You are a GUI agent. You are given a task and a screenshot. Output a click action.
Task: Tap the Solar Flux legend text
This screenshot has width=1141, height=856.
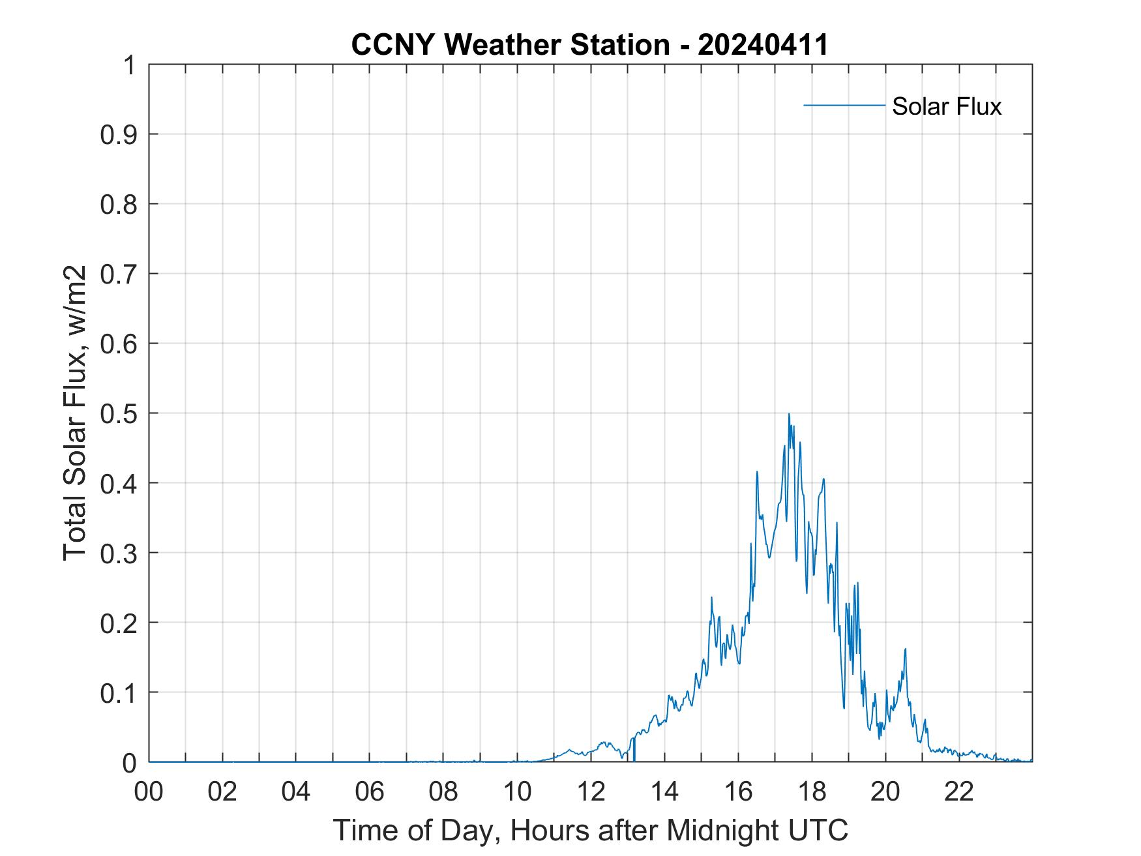[x=946, y=106]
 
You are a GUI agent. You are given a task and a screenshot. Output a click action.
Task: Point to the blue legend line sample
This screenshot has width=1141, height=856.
[x=844, y=105]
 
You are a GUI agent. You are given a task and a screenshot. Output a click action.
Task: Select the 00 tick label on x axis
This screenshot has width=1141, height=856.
[x=149, y=792]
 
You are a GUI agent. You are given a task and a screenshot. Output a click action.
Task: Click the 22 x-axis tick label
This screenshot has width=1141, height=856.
[x=959, y=792]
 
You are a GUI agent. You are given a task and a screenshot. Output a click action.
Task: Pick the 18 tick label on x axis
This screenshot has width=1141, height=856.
[x=812, y=792]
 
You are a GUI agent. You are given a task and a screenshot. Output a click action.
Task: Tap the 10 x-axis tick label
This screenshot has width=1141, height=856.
[x=517, y=792]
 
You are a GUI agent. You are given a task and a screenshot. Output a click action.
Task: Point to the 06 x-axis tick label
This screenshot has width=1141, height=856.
[x=370, y=792]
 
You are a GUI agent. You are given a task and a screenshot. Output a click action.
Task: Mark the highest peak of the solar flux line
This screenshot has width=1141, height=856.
[x=789, y=414]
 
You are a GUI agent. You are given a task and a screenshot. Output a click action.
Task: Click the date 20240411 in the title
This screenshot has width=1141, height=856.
[x=763, y=45]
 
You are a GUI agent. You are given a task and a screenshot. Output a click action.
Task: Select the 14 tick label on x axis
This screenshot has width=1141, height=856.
[x=664, y=792]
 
